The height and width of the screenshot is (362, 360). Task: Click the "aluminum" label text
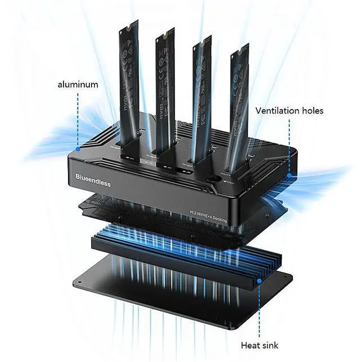point(78,84)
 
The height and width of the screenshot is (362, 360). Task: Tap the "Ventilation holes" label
point(289,111)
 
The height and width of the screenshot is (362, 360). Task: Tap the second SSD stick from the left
point(163,84)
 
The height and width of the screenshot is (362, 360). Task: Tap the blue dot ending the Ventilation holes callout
point(289,175)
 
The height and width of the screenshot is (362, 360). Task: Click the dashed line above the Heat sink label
point(259,309)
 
